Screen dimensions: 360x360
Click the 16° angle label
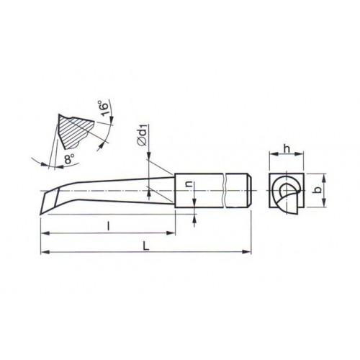(105, 109)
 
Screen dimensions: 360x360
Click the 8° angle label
(69, 158)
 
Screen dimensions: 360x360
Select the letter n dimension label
(190, 184)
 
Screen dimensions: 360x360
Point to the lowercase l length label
(109, 226)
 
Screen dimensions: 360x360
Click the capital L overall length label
(146, 246)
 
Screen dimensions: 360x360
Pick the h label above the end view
(287, 149)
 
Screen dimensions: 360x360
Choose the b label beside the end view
(318, 190)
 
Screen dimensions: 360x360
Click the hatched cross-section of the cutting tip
(75, 132)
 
